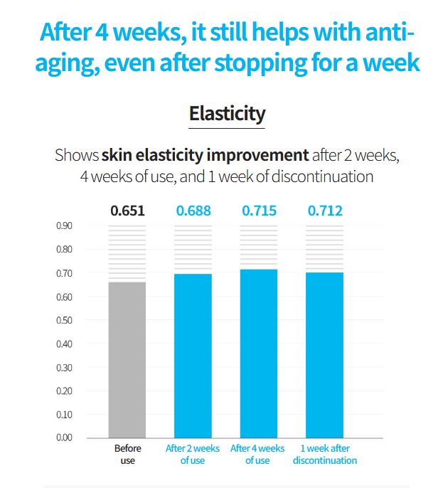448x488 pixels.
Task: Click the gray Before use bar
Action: pos(127,359)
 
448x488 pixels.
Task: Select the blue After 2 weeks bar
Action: pos(193,355)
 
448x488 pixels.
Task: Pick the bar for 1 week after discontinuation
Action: pos(324,354)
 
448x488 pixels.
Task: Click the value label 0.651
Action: pos(127,211)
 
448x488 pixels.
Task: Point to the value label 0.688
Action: pos(193,211)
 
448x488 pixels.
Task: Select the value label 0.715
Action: pos(259,211)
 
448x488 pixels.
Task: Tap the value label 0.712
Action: pos(325,211)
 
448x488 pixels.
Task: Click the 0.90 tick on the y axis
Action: pos(64,226)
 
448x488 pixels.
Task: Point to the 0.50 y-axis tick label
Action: pos(64,320)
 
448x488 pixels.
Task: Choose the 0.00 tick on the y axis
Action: pos(64,437)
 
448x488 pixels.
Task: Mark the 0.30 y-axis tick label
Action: pos(64,367)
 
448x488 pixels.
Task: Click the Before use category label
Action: pos(128,455)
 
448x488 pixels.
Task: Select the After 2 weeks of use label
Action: pos(193,455)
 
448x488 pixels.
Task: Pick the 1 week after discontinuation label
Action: pos(324,455)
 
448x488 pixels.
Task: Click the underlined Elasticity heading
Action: pos(227,114)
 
